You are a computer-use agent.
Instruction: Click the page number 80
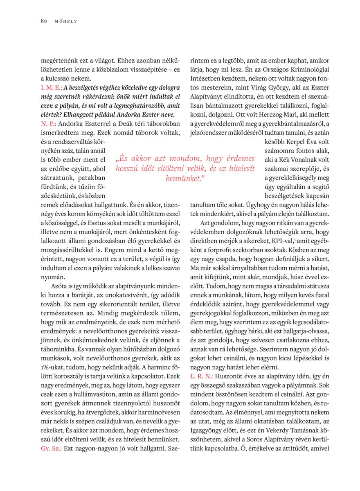tap(44, 21)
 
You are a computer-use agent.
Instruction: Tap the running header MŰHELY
tap(66, 21)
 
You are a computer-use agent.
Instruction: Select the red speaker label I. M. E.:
tap(51, 88)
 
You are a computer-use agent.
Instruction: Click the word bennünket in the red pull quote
tap(184, 178)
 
